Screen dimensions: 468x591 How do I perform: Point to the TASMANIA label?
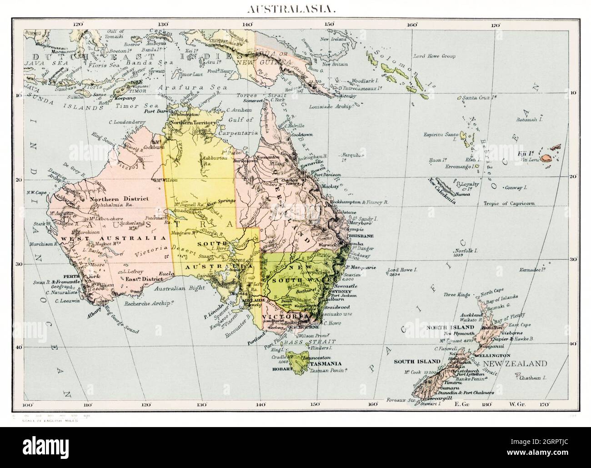(x=326, y=364)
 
